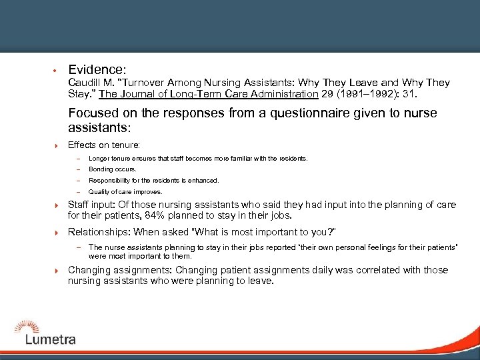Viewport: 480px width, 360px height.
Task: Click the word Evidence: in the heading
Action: pyautogui.click(x=97, y=69)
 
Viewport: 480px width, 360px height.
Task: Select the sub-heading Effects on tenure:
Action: pyautogui.click(x=103, y=145)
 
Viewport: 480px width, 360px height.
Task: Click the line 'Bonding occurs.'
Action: pyautogui.click(x=112, y=169)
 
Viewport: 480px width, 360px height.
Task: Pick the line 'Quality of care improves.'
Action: pyautogui.click(x=125, y=191)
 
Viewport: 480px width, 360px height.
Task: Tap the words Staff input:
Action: pyautogui.click(x=92, y=205)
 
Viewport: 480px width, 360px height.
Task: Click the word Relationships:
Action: pyautogui.click(x=99, y=232)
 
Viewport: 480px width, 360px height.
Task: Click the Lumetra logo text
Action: pyautogui.click(x=50, y=339)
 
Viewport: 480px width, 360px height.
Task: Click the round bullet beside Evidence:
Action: pyautogui.click(x=52, y=70)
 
